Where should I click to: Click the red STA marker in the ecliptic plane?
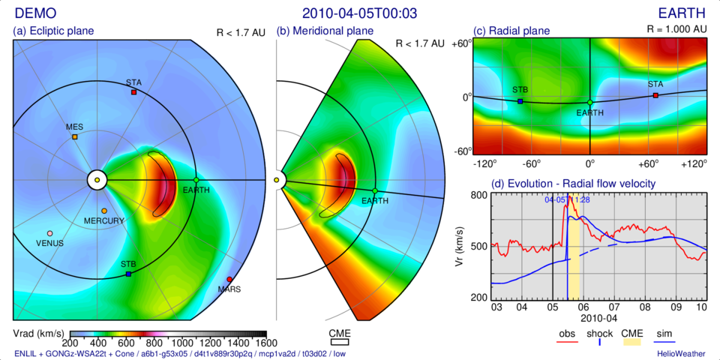pyautogui.click(x=133, y=92)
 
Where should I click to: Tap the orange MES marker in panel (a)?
pyautogui.click(x=75, y=137)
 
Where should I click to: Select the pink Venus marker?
pyautogui.click(x=50, y=234)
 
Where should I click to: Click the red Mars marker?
pyautogui.click(x=229, y=280)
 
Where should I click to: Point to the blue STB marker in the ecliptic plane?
pyautogui.click(x=128, y=274)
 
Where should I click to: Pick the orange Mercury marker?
pyautogui.click(x=103, y=211)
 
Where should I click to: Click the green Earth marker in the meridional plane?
pyautogui.click(x=375, y=191)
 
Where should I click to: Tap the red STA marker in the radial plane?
pyautogui.click(x=655, y=95)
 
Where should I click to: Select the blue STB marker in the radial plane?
pyautogui.click(x=520, y=101)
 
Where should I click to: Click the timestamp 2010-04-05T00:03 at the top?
pyautogui.click(x=359, y=13)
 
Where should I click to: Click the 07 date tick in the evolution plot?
pyautogui.click(x=614, y=307)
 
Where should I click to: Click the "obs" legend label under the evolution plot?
pyautogui.click(x=567, y=333)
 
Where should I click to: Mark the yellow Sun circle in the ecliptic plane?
pyautogui.click(x=97, y=180)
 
